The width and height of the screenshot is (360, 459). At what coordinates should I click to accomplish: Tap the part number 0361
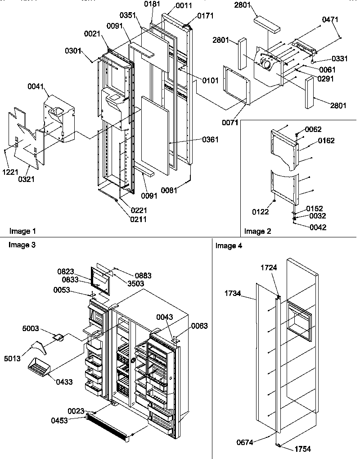211,140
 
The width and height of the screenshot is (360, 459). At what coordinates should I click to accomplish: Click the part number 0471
330,19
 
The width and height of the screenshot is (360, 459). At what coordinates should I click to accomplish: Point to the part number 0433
64,382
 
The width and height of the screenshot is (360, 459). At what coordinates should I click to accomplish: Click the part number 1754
302,449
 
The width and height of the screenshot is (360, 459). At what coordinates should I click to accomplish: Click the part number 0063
199,326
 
